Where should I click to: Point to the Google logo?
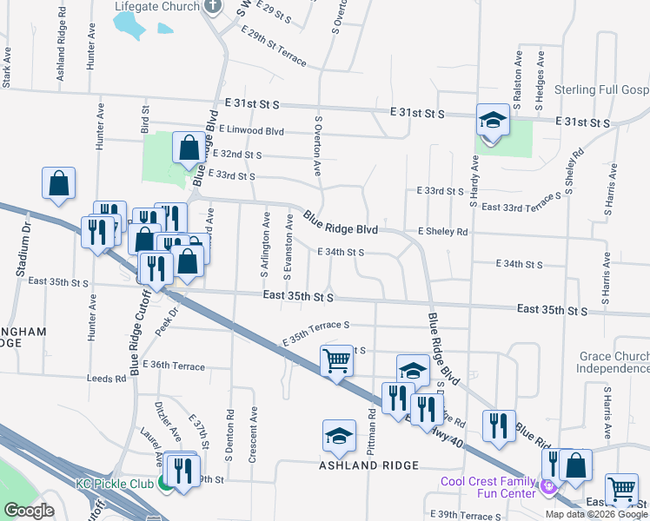click(30, 511)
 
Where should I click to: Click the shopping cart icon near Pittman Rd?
click(336, 361)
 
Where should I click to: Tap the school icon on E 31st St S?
click(493, 120)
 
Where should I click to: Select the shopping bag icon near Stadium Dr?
click(58, 183)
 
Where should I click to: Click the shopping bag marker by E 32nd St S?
click(189, 148)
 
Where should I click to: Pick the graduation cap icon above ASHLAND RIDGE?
click(339, 436)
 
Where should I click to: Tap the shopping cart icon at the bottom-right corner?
click(621, 491)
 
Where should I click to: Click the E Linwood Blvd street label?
click(251, 130)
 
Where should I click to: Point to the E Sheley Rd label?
click(442, 232)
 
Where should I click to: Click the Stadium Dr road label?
click(23, 249)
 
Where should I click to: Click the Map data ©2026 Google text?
click(596, 514)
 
